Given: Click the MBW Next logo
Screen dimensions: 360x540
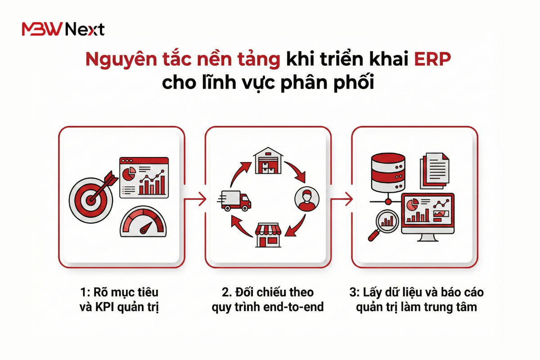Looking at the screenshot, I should (x=63, y=30).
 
